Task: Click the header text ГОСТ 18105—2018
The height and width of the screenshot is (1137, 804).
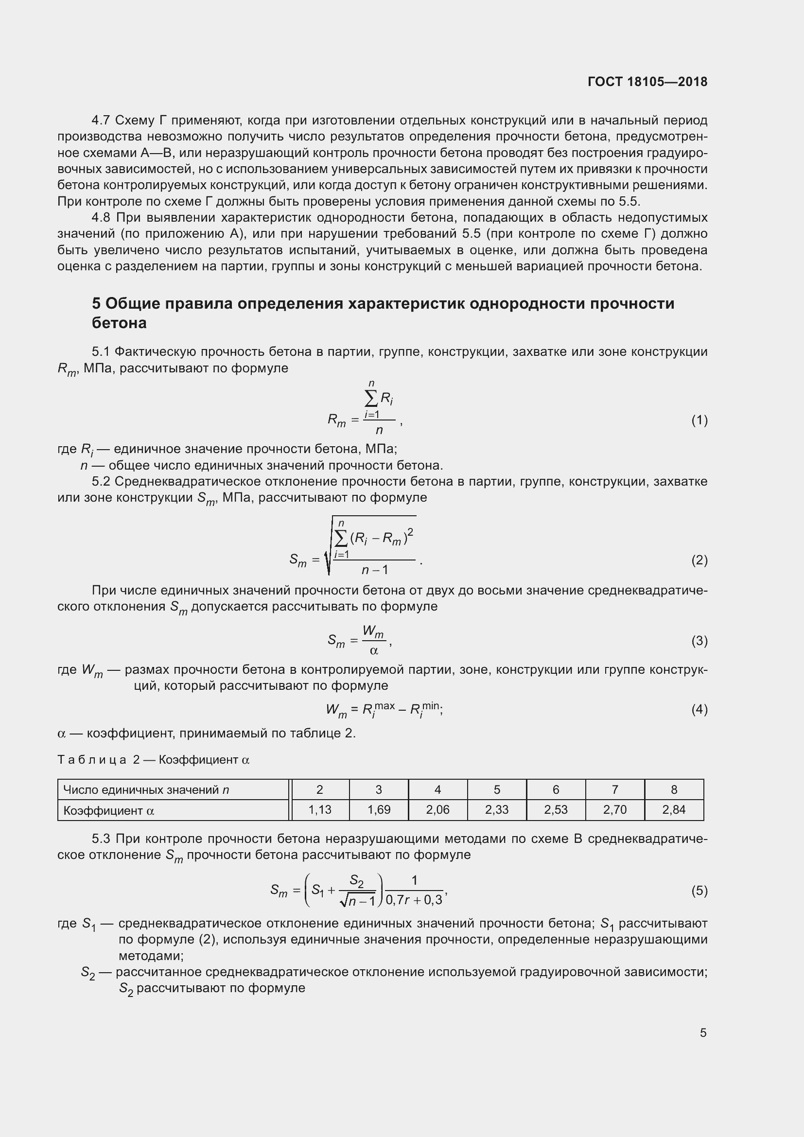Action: point(647,82)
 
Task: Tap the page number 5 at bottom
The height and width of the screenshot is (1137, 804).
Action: point(703,1032)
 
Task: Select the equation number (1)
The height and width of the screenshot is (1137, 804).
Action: point(699,420)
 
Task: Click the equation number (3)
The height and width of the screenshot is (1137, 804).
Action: point(699,641)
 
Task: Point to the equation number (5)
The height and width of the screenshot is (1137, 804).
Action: point(699,891)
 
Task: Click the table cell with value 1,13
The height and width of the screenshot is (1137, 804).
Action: point(320,810)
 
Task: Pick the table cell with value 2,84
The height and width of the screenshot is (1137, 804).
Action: point(674,810)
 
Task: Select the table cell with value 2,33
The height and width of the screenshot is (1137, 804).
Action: point(497,810)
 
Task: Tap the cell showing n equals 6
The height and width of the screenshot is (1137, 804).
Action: point(556,789)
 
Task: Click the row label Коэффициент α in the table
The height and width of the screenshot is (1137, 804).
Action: point(109,811)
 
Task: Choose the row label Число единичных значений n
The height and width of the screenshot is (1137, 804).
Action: point(146,790)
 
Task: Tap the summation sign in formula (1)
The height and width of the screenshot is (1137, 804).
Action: point(371,398)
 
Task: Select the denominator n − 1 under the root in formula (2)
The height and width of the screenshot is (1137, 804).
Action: point(375,570)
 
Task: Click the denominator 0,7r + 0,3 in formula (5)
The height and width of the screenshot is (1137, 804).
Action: point(414,900)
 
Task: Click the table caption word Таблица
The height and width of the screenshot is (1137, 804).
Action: point(92,760)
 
